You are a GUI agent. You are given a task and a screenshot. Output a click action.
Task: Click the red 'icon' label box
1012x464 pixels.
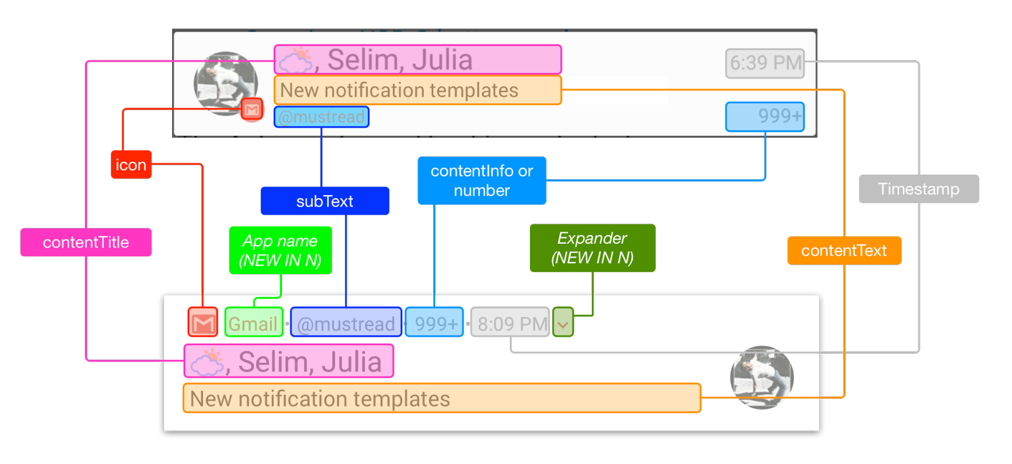pyautogui.click(x=131, y=165)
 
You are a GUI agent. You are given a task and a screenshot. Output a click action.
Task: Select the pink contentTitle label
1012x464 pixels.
pyautogui.click(x=86, y=242)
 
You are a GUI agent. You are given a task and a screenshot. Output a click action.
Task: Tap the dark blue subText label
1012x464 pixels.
pyautogui.click(x=324, y=201)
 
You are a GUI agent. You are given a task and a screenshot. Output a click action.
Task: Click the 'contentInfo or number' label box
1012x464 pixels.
pyautogui.click(x=481, y=181)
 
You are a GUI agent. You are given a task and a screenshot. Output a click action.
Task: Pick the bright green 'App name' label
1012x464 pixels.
pyautogui.click(x=280, y=250)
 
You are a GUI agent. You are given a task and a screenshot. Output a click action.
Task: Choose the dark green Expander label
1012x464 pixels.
pyautogui.click(x=592, y=248)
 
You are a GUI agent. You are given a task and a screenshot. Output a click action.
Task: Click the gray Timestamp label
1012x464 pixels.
pyautogui.click(x=918, y=189)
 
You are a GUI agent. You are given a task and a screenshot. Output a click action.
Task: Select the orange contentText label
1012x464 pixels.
pyautogui.click(x=844, y=251)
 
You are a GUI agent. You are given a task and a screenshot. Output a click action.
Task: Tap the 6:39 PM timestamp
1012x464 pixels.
pyautogui.click(x=765, y=63)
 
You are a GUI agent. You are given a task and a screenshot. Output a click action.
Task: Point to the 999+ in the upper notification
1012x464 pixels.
pyautogui.click(x=765, y=116)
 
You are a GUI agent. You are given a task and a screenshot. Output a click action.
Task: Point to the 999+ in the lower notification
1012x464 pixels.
pyautogui.click(x=435, y=323)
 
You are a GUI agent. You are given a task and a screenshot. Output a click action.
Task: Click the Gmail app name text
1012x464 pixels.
pyautogui.click(x=254, y=323)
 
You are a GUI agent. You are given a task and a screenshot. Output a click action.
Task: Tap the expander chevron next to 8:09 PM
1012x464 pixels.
pyautogui.click(x=563, y=323)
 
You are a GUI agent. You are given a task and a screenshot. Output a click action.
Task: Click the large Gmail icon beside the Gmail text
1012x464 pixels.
pyautogui.click(x=203, y=323)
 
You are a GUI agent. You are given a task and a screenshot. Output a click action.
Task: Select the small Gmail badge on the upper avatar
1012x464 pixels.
pyautogui.click(x=252, y=110)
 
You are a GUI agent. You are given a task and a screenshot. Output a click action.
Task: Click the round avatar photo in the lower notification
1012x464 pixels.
pyautogui.click(x=762, y=377)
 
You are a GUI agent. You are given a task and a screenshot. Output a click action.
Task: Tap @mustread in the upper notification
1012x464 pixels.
pyautogui.click(x=321, y=117)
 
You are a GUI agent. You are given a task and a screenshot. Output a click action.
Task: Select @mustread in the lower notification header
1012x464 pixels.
pyautogui.click(x=346, y=323)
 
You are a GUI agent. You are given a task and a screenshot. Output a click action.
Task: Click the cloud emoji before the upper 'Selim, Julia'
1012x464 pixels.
pyautogui.click(x=296, y=61)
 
